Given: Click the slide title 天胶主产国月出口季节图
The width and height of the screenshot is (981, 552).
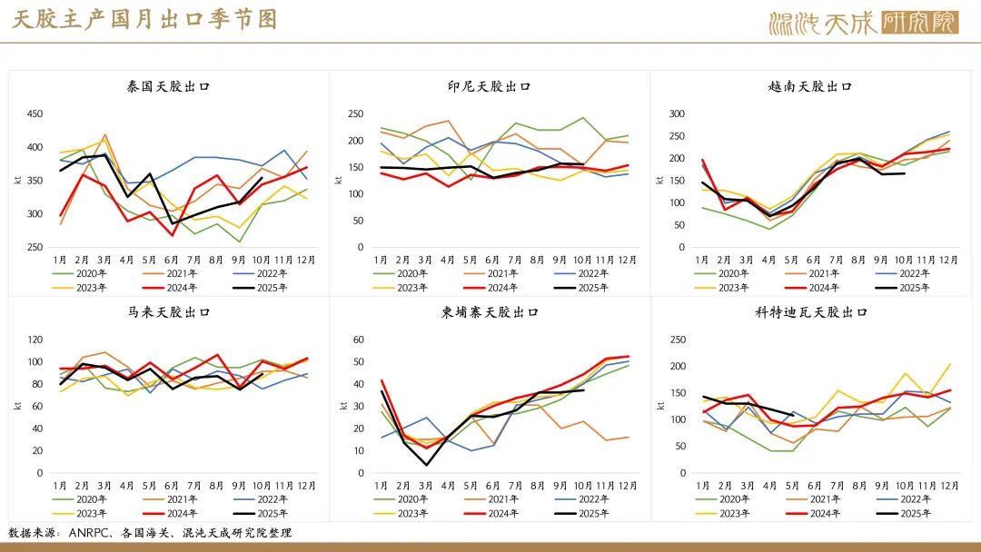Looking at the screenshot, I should click(145, 20).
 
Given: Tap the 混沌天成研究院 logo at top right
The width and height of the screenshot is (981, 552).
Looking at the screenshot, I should click(863, 22).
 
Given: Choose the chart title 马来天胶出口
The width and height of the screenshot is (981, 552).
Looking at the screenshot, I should click(169, 312).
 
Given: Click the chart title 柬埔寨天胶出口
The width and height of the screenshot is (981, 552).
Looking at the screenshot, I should click(490, 312).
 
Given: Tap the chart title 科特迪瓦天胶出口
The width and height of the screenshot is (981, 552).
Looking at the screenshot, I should click(810, 312).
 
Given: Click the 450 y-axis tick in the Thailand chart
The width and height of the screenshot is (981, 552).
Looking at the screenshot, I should click(35, 114).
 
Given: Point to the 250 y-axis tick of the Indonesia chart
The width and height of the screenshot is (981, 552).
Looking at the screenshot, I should click(355, 114).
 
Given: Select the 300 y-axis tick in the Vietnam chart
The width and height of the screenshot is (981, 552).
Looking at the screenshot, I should click(676, 114).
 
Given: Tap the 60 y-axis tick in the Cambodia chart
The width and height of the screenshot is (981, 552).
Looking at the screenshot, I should click(358, 340).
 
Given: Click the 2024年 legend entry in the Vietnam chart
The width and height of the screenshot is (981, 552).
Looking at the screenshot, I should click(823, 287).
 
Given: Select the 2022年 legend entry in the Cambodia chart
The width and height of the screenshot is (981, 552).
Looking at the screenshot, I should click(591, 499).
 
